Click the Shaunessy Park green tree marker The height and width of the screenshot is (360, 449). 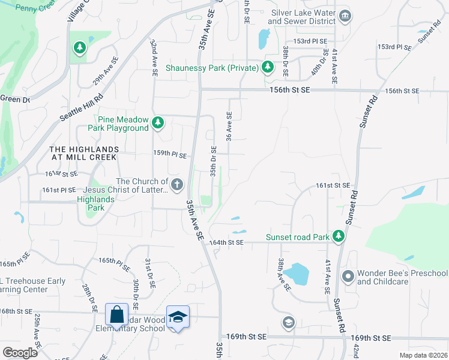pyautogui.click(x=268, y=67)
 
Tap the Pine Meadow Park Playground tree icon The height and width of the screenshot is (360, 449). pyautogui.click(x=157, y=123)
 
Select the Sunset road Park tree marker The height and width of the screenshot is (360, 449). pyautogui.click(x=339, y=236)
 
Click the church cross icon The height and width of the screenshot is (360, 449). pyautogui.click(x=176, y=184)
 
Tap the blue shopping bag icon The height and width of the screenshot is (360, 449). pyautogui.click(x=116, y=314)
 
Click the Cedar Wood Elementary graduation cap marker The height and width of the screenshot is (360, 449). pyautogui.click(x=178, y=316)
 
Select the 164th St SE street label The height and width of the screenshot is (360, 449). pyautogui.click(x=227, y=242)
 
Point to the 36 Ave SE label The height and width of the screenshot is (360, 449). pyautogui.click(x=229, y=127)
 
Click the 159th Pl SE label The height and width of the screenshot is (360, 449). pyautogui.click(x=170, y=154)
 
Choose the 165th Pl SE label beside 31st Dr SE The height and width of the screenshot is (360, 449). pyautogui.click(x=114, y=261)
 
